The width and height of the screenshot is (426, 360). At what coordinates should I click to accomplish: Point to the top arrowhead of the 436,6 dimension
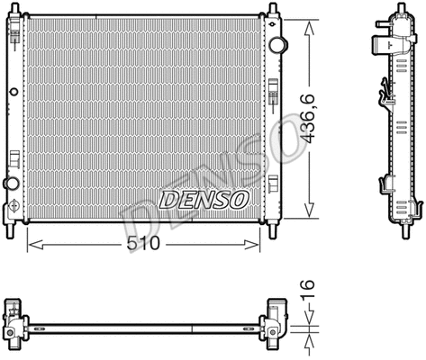(x=311, y=21)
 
